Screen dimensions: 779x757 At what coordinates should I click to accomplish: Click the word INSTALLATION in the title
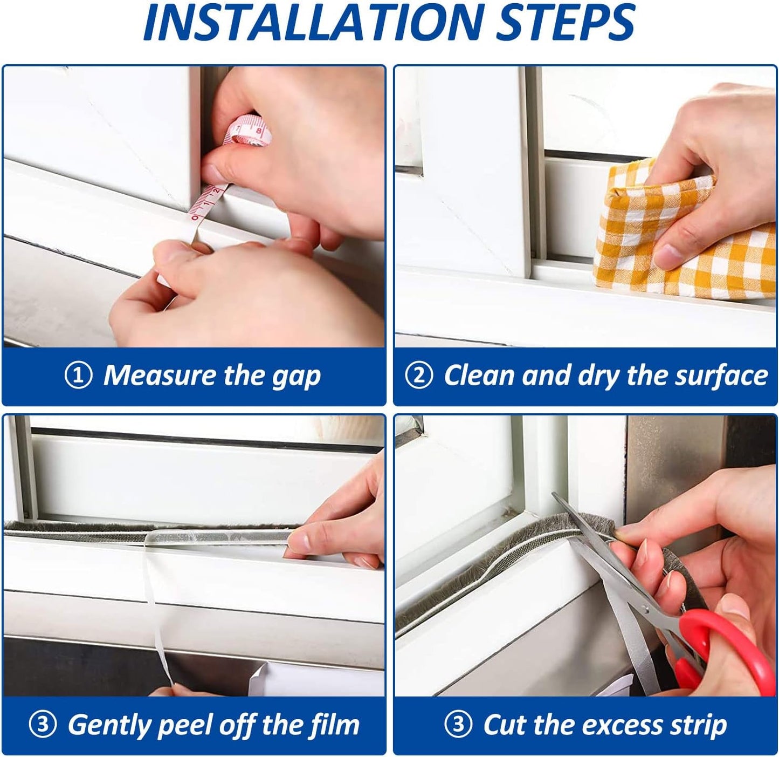point(312,22)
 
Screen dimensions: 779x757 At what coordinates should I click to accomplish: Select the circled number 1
point(79,376)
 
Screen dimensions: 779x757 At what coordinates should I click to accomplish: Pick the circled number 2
point(419,376)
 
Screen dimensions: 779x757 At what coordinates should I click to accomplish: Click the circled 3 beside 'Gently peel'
point(43,725)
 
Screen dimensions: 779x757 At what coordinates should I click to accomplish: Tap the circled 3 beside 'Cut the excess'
point(458,725)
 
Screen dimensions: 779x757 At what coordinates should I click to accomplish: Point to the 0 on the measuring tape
point(194,218)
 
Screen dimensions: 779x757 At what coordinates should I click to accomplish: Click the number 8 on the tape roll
point(259,131)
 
